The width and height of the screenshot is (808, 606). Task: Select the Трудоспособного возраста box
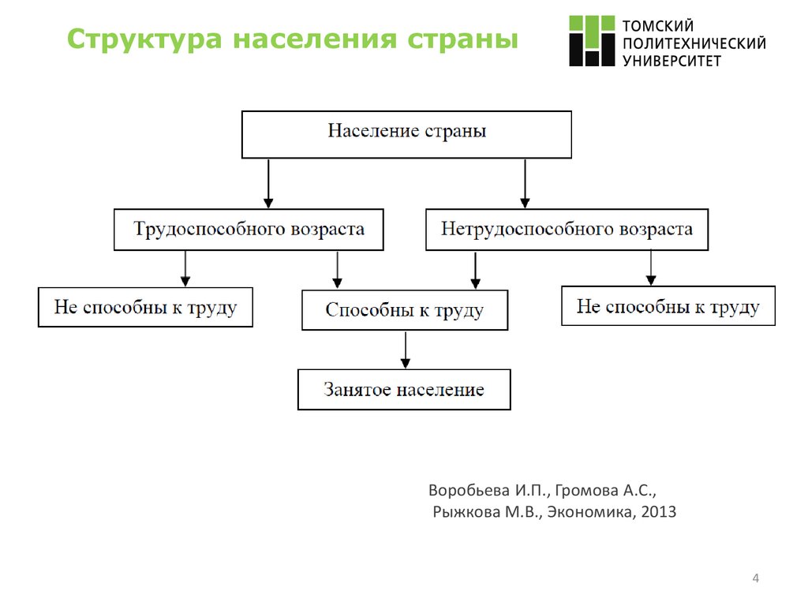(x=249, y=230)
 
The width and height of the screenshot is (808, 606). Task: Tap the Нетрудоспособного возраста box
(x=567, y=230)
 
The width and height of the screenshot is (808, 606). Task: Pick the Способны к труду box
(x=405, y=310)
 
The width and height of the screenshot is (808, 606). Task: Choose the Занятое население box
(x=404, y=390)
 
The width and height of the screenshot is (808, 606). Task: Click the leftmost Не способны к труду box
(x=145, y=307)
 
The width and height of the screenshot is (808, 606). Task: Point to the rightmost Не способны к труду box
(x=668, y=306)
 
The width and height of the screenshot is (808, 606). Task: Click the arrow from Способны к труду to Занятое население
(x=406, y=350)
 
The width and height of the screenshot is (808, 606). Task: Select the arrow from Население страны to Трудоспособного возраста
(x=268, y=183)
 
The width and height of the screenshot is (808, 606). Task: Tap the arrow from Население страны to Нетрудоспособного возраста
(x=524, y=183)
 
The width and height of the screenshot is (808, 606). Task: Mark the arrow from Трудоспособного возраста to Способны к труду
(x=337, y=270)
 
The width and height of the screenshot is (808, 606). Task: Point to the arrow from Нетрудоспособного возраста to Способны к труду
(x=475, y=270)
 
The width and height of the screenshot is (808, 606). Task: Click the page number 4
(x=756, y=581)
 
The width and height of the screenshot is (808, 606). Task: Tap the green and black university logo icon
(x=593, y=40)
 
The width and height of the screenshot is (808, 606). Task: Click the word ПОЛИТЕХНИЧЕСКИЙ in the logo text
(x=694, y=43)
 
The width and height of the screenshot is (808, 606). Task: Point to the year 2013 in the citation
(x=659, y=512)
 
